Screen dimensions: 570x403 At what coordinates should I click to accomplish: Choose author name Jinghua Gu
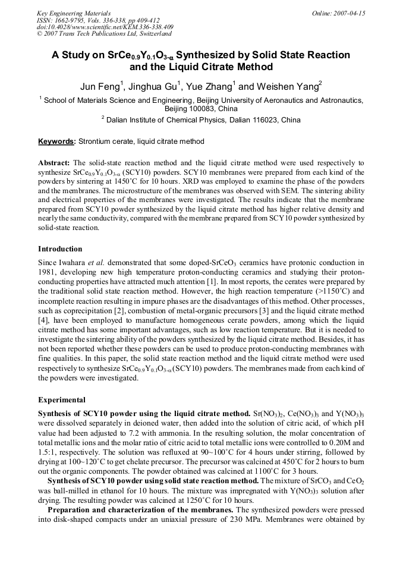point(155,87)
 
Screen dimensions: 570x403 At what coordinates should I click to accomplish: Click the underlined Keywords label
point(56,141)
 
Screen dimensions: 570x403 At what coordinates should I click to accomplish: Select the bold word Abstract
point(54,163)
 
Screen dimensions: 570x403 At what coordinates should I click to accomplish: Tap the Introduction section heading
point(60,249)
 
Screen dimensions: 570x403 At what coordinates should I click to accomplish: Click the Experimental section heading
point(62,400)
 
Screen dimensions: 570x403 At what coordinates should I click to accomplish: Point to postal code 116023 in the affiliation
point(263,120)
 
